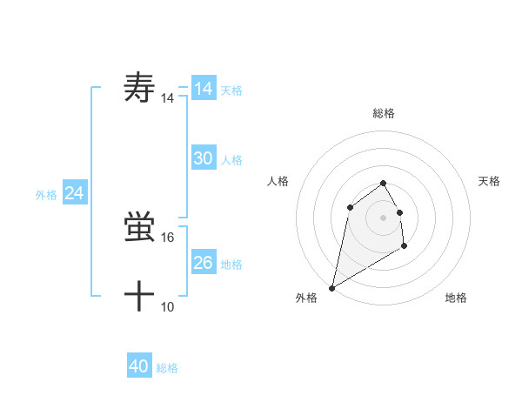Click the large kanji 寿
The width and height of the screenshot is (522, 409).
[140, 88]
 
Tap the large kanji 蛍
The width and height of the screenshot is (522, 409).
[140, 228]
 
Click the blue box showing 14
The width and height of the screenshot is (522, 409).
[204, 89]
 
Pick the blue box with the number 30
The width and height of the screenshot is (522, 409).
[204, 158]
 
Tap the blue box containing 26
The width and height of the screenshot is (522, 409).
[204, 263]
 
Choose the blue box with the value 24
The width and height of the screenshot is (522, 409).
[75, 193]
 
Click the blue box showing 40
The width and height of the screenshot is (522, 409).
[139, 366]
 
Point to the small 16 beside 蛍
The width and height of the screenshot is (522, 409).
[168, 237]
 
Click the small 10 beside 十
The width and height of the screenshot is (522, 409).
[168, 306]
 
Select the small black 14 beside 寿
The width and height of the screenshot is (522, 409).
[168, 99]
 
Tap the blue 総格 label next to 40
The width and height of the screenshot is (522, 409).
[167, 368]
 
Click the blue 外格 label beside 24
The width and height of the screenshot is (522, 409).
[46, 195]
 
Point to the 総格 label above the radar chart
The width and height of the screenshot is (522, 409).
[383, 113]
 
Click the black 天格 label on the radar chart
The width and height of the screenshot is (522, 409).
[490, 181]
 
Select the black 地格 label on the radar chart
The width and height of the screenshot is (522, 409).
[456, 298]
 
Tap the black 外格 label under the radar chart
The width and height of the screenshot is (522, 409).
[306, 298]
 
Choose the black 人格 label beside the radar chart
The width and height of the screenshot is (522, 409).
[278, 181]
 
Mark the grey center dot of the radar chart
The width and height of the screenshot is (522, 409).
[383, 217]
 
